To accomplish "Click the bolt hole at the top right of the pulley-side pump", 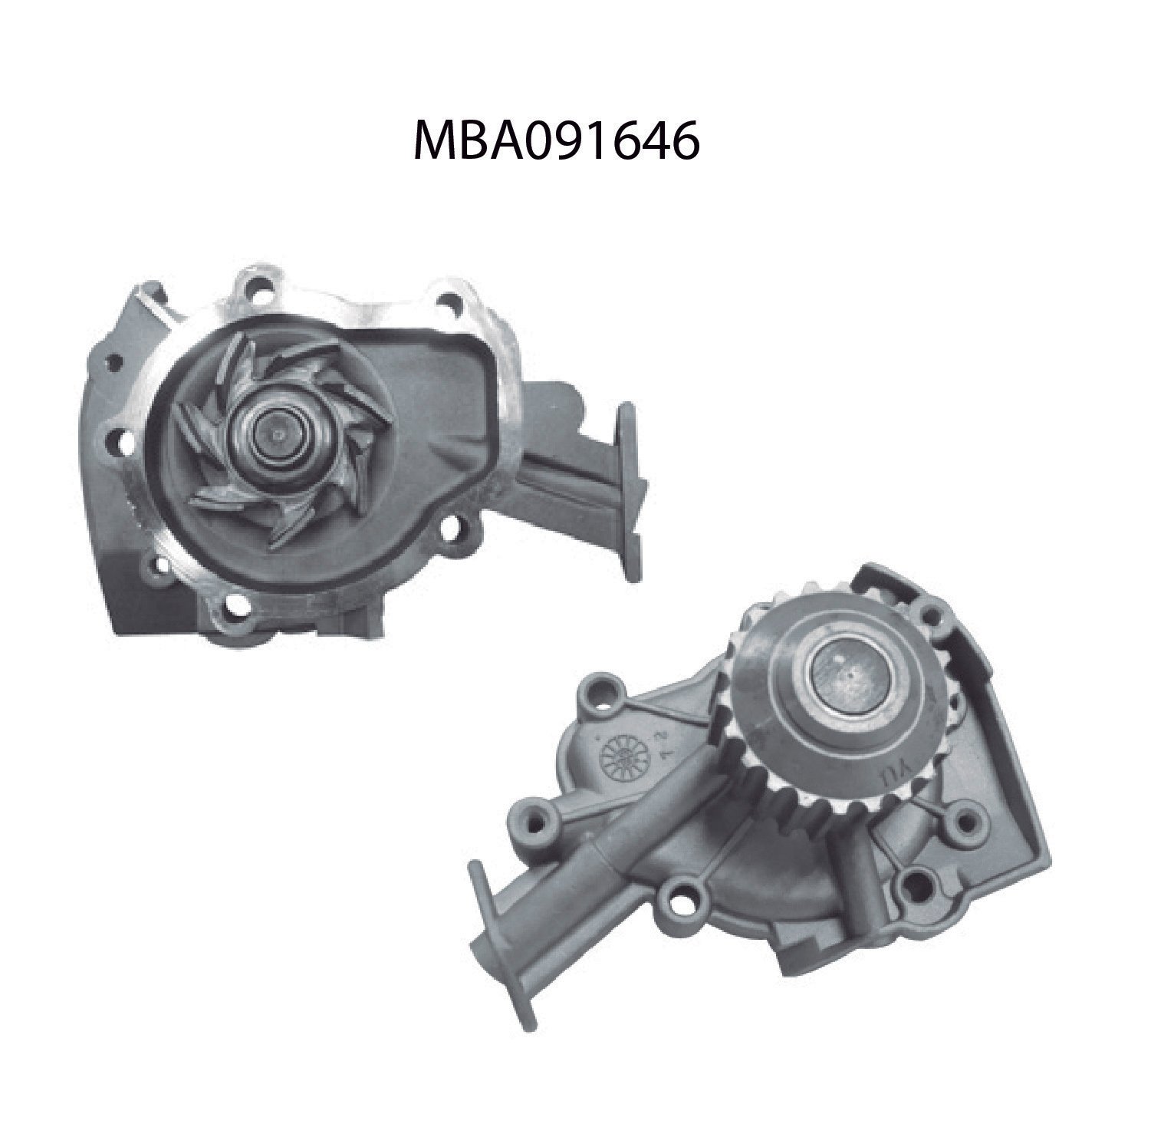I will click(932, 615).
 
